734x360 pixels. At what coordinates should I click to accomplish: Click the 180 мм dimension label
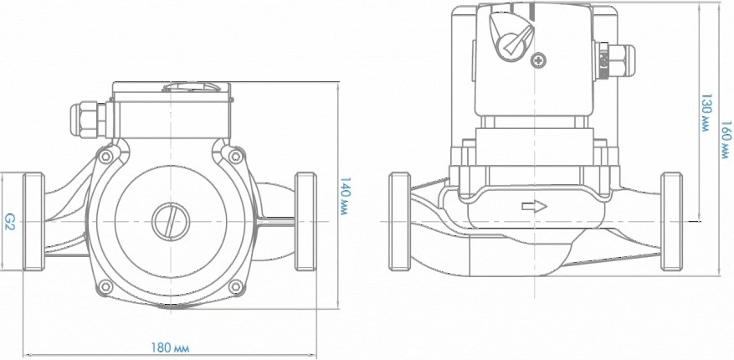(x=169, y=347)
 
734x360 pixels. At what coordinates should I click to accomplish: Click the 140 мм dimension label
(x=344, y=198)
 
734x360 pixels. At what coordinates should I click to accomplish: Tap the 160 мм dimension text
(x=724, y=139)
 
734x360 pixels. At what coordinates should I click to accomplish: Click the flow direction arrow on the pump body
(x=533, y=206)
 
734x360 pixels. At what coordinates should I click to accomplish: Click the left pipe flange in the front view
(x=33, y=222)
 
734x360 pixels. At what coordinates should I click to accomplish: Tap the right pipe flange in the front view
(x=305, y=222)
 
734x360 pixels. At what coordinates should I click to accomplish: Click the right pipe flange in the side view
(x=671, y=222)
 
